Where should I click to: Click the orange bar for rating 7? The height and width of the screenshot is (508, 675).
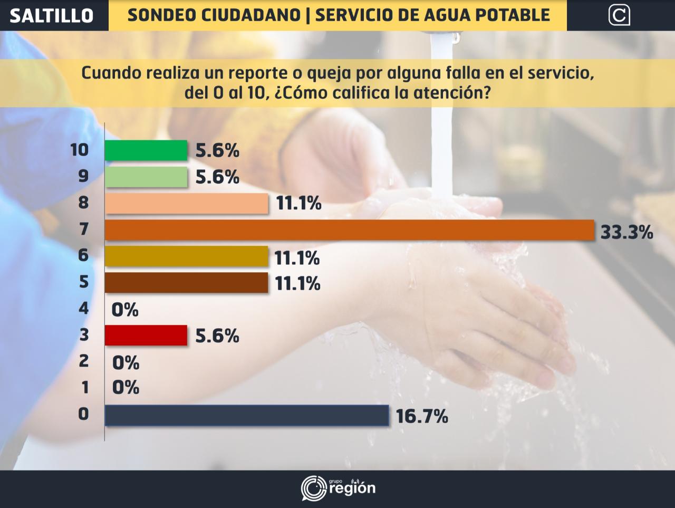pyautogui.click(x=349, y=230)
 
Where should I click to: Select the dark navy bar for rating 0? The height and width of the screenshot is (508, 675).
pyautogui.click(x=247, y=415)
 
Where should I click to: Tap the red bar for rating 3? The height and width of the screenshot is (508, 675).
pyautogui.click(x=146, y=336)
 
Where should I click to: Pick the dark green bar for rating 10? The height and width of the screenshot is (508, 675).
pyautogui.click(x=146, y=150)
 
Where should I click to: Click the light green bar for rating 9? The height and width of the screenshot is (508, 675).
pyautogui.click(x=146, y=177)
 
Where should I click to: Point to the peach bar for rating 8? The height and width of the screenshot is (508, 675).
pyautogui.click(x=187, y=203)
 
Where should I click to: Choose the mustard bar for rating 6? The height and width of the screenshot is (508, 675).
pyautogui.click(x=187, y=256)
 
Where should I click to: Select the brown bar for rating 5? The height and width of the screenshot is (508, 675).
pyautogui.click(x=187, y=283)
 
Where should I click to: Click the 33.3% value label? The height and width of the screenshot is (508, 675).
pyautogui.click(x=626, y=232)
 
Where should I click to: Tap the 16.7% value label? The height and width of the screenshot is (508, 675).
pyautogui.click(x=422, y=417)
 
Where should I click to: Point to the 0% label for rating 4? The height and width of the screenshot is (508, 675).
pyautogui.click(x=125, y=310)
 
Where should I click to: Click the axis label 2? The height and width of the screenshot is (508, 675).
pyautogui.click(x=83, y=361)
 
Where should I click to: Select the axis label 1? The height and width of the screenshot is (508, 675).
pyautogui.click(x=84, y=388)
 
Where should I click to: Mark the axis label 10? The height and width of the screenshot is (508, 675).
pyautogui.click(x=80, y=150)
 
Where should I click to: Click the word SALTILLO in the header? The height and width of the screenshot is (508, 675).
pyautogui.click(x=52, y=15)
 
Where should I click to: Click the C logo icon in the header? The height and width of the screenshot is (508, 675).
pyautogui.click(x=619, y=15)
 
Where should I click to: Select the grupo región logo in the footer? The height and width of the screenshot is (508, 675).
pyautogui.click(x=338, y=487)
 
